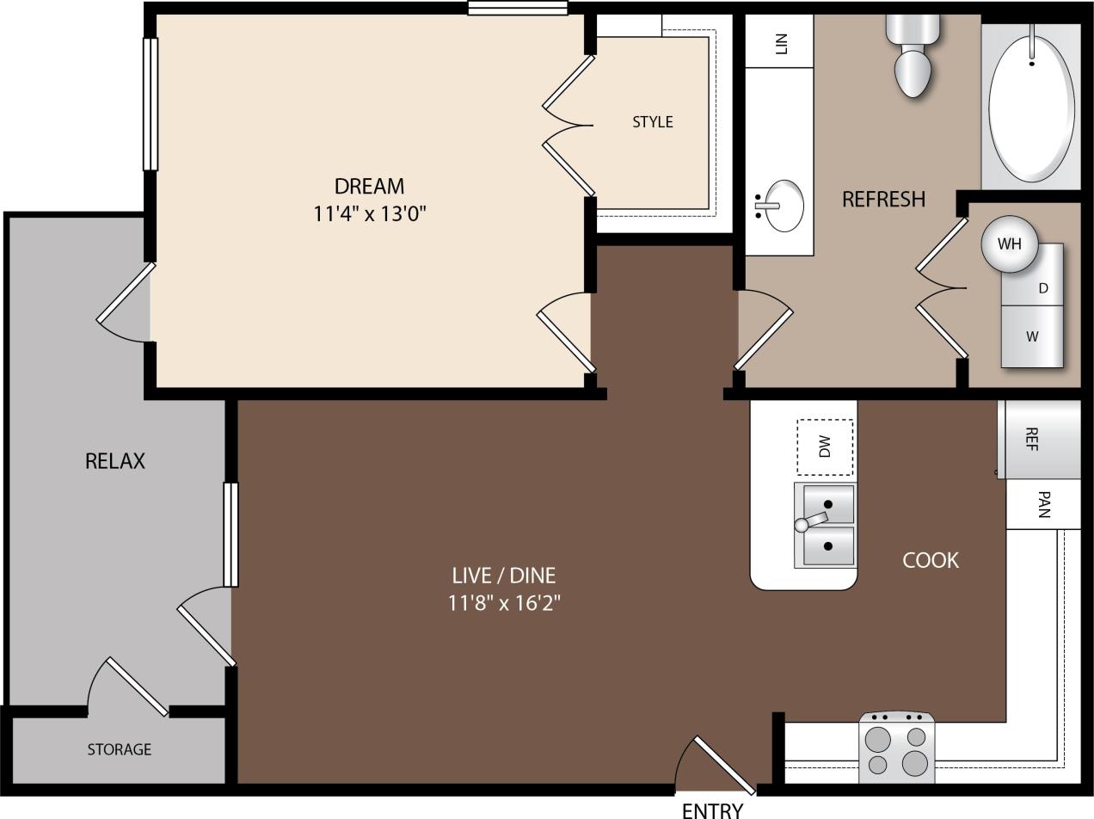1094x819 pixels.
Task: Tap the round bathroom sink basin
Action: coord(783,206)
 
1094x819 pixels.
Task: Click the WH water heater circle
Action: coord(1009,243)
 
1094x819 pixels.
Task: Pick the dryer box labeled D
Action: coord(1042,288)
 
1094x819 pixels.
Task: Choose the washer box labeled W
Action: coord(1032,336)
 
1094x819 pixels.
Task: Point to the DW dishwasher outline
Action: coord(825,446)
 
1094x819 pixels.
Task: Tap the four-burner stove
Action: coord(897,748)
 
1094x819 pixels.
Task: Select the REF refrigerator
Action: coord(1038,439)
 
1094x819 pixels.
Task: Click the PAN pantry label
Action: coord(1043,504)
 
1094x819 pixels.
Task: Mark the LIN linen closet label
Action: coord(781,43)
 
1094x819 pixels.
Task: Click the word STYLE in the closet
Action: coord(653,122)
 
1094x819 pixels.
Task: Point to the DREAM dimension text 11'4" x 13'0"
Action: coord(370,213)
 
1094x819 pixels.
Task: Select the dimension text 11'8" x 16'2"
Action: coord(504,602)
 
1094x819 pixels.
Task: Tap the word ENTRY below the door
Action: coord(712,809)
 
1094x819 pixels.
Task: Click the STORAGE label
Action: coord(119,749)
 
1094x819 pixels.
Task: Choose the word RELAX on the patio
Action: coord(115,461)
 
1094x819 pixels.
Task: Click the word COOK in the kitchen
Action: coord(930,560)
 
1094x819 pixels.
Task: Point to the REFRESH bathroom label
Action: coord(883,199)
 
